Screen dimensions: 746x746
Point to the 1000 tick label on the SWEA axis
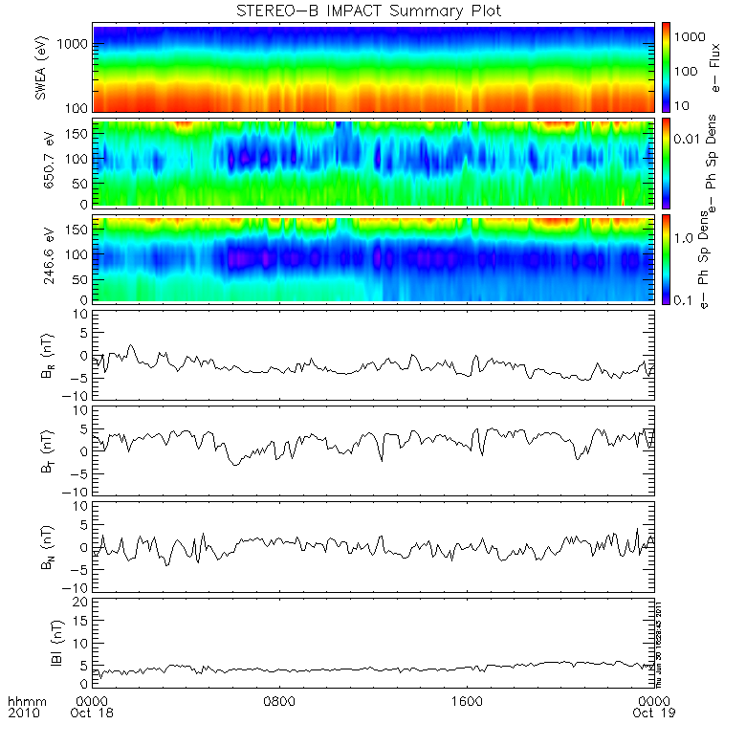[x=77, y=45]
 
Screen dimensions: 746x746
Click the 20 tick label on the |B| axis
[x=82, y=601]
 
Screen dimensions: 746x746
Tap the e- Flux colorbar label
[x=713, y=67]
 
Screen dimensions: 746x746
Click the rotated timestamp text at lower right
[x=659, y=642]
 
